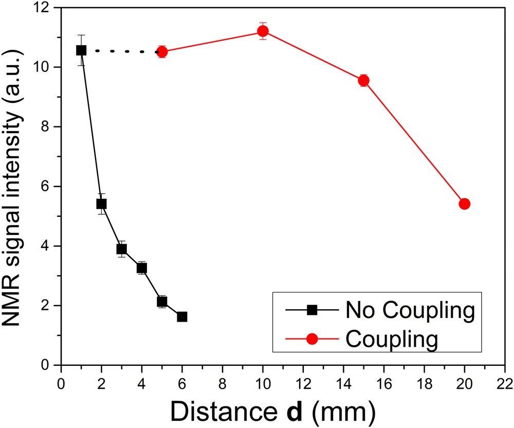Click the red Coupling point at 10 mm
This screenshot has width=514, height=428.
263,31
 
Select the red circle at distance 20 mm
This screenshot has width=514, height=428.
465,204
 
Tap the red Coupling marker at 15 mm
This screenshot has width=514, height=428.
364,81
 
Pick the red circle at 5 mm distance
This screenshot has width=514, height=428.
162,51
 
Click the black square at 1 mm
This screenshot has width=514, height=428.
81,50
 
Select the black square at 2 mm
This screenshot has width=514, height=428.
101,204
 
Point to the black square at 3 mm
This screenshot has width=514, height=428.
121,249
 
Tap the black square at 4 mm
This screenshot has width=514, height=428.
142,268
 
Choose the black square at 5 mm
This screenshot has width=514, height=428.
162,302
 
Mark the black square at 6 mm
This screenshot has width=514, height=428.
182,317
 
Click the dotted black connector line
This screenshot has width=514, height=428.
121,51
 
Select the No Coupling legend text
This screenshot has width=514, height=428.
409,310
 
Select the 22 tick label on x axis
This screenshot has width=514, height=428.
505,383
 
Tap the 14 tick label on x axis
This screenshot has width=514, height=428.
344,383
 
